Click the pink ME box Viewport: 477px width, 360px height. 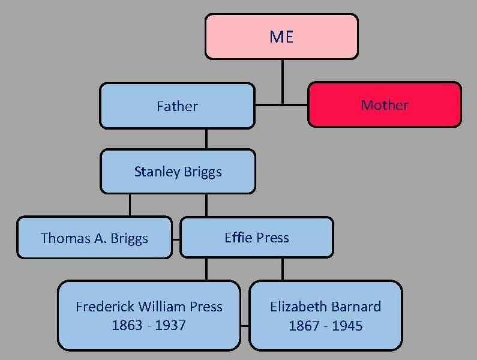(x=281, y=37)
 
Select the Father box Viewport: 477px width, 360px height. (x=177, y=106)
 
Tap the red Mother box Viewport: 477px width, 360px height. (x=385, y=105)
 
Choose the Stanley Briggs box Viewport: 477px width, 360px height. (x=178, y=172)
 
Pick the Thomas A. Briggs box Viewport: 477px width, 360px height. (x=94, y=238)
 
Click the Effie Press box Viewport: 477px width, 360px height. (x=256, y=237)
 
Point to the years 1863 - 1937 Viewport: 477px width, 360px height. (x=148, y=326)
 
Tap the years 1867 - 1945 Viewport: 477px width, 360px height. (x=325, y=326)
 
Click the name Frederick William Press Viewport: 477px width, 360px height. (x=149, y=307)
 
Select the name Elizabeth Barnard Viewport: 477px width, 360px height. (x=325, y=307)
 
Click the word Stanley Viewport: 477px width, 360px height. (x=156, y=172)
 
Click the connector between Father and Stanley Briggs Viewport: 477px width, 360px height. (x=206, y=139)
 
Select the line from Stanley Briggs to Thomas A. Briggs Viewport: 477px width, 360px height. (x=130, y=205)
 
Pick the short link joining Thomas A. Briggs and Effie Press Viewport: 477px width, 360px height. (x=176, y=238)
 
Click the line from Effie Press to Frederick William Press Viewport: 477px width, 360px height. (x=206, y=269)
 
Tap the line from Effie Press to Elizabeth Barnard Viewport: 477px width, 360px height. (x=283, y=269)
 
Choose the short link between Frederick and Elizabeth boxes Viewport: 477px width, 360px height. (x=245, y=326)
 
